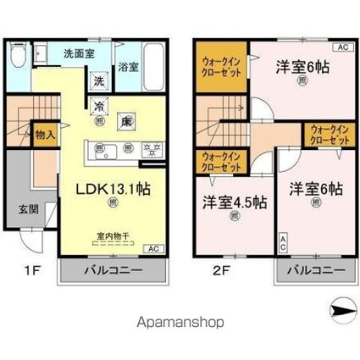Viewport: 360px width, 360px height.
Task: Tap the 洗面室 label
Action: point(79,53)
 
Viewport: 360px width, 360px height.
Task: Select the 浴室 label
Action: point(129,68)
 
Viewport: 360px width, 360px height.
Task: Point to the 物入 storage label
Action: point(45,132)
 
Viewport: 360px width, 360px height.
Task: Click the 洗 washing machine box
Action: point(99,82)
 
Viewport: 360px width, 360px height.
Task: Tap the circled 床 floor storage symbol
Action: point(125,120)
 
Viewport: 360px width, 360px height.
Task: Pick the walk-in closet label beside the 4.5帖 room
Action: point(220,162)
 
